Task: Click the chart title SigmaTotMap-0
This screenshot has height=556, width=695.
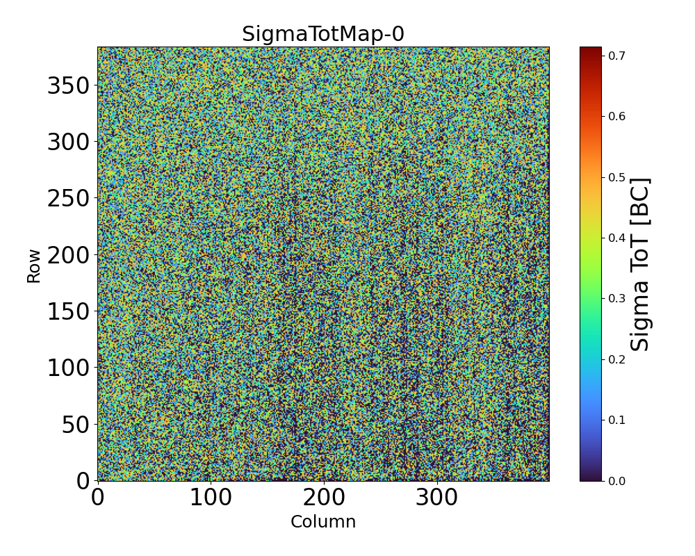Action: click(x=322, y=34)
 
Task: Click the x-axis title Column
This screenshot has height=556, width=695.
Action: click(x=322, y=522)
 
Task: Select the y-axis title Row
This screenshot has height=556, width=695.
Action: click(x=34, y=265)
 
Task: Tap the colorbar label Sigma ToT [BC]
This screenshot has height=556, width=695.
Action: click(x=640, y=264)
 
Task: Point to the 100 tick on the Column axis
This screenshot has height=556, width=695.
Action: click(x=211, y=498)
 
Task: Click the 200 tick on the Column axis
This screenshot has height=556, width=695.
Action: click(x=324, y=498)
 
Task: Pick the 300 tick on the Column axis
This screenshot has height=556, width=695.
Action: click(x=437, y=498)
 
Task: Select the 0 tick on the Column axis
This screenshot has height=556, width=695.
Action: click(x=98, y=498)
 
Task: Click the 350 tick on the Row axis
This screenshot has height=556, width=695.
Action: click(x=68, y=86)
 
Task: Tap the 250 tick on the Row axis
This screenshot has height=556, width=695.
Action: click(x=68, y=199)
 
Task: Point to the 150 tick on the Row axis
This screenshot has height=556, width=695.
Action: click(x=68, y=311)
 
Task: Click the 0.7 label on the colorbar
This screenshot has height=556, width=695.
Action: click(x=616, y=55)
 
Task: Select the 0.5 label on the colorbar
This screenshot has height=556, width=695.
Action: click(x=616, y=177)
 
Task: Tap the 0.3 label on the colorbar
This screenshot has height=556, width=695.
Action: click(x=616, y=298)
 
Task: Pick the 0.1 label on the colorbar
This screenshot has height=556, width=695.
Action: click(x=616, y=420)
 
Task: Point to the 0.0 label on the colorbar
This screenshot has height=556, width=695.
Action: click(x=616, y=480)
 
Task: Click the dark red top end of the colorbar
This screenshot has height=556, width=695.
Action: click(x=591, y=49)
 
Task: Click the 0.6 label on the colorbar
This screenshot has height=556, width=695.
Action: click(x=616, y=116)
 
